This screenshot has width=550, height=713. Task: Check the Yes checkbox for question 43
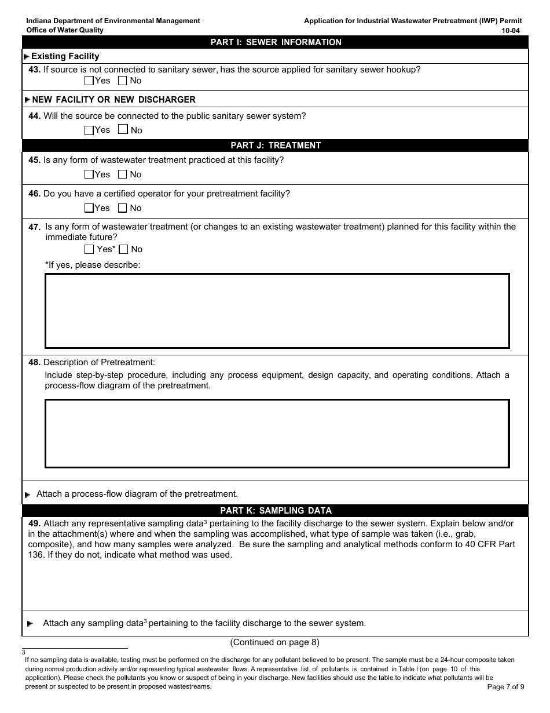tap(89, 81)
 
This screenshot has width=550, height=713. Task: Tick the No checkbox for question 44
tap(123, 130)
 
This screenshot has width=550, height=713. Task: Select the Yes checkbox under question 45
tap(89, 174)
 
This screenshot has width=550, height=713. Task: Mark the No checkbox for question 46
tap(123, 208)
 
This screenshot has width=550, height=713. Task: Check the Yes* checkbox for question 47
tap(89, 249)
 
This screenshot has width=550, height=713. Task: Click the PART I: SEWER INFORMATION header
tap(276, 42)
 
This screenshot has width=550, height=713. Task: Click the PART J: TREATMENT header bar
tap(276, 145)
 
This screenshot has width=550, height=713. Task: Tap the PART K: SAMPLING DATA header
tap(276, 511)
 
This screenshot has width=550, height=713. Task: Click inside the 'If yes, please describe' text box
tap(277, 311)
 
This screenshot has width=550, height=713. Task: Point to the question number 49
tap(34, 523)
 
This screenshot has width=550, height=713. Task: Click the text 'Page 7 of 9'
tap(505, 687)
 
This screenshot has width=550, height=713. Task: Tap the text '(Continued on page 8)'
tap(274, 642)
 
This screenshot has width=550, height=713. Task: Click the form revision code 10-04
tap(512, 30)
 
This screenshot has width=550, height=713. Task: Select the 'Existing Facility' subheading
tap(65, 56)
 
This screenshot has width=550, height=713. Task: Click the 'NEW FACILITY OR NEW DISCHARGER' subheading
tap(113, 100)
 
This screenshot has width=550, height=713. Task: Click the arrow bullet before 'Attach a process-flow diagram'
tap(28, 495)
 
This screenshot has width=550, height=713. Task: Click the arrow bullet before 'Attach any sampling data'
tap(30, 624)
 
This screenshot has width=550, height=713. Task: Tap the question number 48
tap(34, 362)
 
